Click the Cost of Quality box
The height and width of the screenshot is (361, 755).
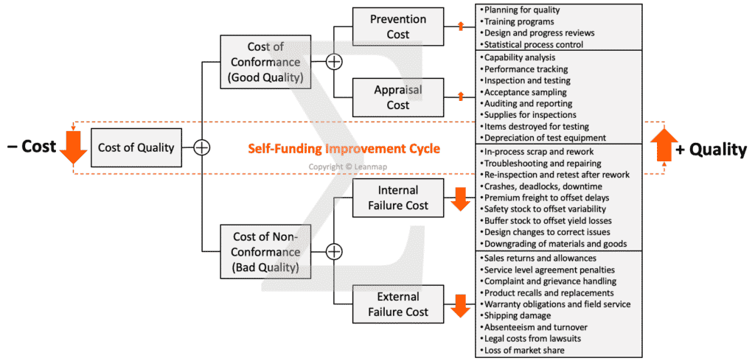(x=136, y=147)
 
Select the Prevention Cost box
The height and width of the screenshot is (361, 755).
(x=398, y=27)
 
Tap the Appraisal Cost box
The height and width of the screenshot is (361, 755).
(x=398, y=97)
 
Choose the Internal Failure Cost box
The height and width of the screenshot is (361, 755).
(x=398, y=198)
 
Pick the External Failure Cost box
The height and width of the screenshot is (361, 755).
(x=398, y=304)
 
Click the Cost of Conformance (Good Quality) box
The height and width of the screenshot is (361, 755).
(x=265, y=62)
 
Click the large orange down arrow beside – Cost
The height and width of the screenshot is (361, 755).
(x=73, y=146)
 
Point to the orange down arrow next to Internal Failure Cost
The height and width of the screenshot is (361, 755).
(x=460, y=199)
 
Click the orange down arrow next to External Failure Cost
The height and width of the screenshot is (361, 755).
(x=460, y=305)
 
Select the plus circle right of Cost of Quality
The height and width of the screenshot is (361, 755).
(x=202, y=147)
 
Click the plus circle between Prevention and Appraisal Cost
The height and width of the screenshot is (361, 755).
(x=334, y=62)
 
